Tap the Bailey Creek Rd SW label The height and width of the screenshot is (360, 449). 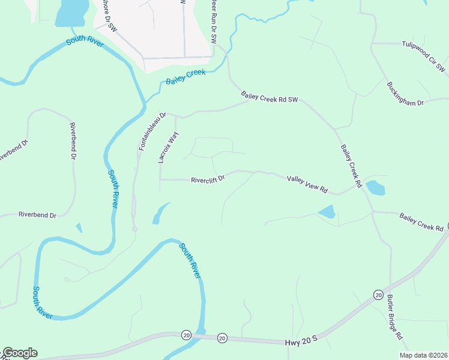coord(270,97)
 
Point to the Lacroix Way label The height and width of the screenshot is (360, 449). coord(167,148)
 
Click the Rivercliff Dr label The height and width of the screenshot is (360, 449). coord(207,179)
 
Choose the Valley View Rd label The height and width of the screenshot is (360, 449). coord(307,184)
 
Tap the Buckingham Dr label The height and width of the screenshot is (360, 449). coord(405,94)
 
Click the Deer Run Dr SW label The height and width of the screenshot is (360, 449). coord(213,21)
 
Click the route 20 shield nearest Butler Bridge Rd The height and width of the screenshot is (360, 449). coord(378,295)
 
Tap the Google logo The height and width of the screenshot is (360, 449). coord(20,353)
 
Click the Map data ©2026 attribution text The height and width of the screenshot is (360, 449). coord(423,355)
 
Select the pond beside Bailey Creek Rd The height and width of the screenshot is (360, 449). coord(375,188)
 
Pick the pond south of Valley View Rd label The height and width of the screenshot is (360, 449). coord(327,212)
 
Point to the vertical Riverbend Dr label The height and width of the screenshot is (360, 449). coord(73,142)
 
